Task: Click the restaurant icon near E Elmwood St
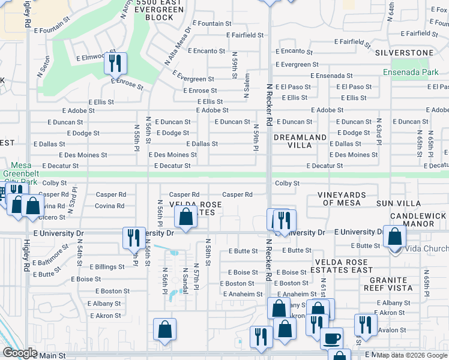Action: coord(116,62)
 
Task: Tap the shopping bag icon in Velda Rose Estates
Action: coord(187,218)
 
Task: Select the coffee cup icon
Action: coord(331,338)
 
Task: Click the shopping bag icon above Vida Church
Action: coord(394,236)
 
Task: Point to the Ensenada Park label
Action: coord(412,72)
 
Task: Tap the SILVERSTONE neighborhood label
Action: coord(404,53)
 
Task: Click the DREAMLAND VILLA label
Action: coord(300,142)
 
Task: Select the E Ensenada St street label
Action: coord(332,76)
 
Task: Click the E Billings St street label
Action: coord(107,266)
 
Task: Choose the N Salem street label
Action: coord(247,86)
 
